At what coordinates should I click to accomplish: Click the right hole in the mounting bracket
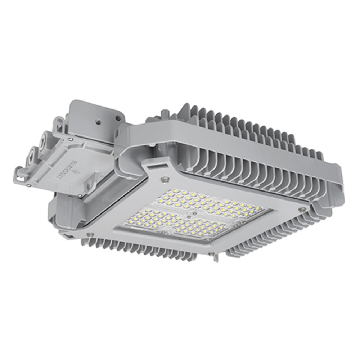[x=117, y=117]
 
